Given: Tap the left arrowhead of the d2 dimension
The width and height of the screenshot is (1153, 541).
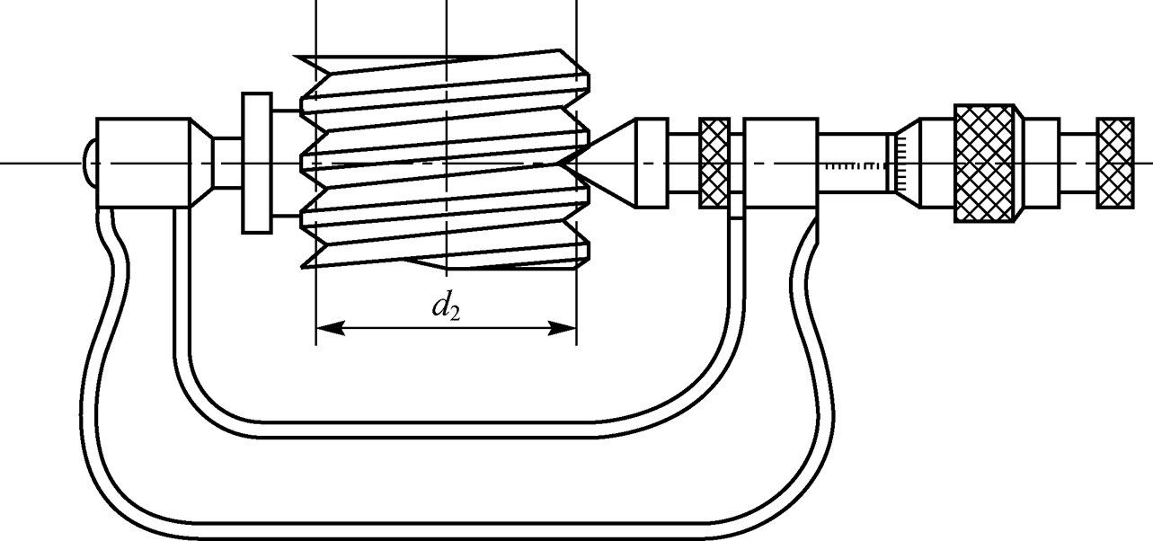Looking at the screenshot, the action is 325,329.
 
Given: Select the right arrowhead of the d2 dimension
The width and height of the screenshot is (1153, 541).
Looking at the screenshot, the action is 565,329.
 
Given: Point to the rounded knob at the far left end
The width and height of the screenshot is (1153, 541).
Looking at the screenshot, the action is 89,163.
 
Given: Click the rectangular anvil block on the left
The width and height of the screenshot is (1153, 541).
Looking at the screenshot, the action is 141,163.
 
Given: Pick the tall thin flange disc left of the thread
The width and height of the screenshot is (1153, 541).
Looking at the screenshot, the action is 256,163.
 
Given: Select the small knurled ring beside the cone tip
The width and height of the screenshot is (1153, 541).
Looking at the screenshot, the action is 714,163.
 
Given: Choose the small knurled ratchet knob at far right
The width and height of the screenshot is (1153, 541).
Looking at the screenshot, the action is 1114,163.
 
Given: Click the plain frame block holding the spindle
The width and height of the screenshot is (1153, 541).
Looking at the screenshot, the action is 781,163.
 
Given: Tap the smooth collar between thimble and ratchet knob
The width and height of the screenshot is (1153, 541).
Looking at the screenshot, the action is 1042,163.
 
